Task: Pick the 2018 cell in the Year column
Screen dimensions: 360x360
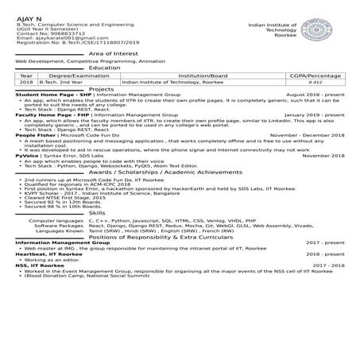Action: point(26,82)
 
